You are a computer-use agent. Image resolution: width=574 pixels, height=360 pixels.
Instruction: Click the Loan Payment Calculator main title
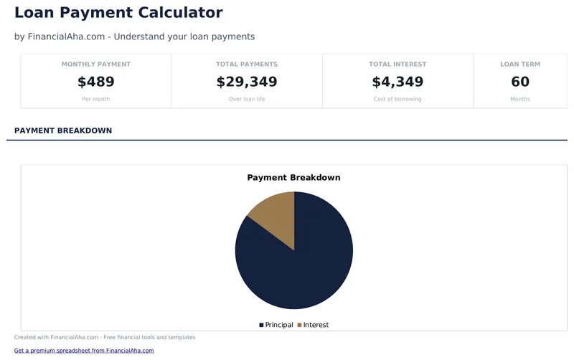(118, 13)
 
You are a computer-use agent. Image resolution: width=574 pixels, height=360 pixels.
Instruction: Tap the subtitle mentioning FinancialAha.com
(134, 37)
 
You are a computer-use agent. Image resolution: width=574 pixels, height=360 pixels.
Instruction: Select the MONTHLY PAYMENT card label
(96, 65)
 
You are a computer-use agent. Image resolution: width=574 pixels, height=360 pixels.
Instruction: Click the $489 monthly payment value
(96, 82)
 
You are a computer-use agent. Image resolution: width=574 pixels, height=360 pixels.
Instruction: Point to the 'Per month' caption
(96, 99)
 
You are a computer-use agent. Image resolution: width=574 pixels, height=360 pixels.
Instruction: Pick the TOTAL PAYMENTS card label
(247, 65)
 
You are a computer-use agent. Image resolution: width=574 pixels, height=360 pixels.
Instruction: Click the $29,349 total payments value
(247, 82)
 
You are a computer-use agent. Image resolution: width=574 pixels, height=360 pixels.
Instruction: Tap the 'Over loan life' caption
(247, 99)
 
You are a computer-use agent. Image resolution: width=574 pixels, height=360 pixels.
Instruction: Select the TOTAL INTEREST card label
(397, 65)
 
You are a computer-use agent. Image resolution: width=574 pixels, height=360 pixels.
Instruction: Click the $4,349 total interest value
(397, 82)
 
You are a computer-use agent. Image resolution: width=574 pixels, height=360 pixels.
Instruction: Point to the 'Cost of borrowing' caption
(397, 99)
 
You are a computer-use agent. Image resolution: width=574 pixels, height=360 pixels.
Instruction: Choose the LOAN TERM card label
(520, 65)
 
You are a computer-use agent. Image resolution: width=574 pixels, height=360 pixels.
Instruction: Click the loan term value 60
(520, 82)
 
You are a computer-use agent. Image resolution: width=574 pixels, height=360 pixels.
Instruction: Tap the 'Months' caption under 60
(520, 99)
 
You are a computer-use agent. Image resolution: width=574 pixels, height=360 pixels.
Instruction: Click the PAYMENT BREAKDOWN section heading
(63, 131)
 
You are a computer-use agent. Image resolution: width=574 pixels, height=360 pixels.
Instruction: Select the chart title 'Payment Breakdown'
(293, 178)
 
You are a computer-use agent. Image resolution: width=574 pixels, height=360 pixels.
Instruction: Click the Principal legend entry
(276, 325)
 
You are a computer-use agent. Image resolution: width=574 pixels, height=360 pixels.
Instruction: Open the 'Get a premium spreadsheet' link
(84, 351)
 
